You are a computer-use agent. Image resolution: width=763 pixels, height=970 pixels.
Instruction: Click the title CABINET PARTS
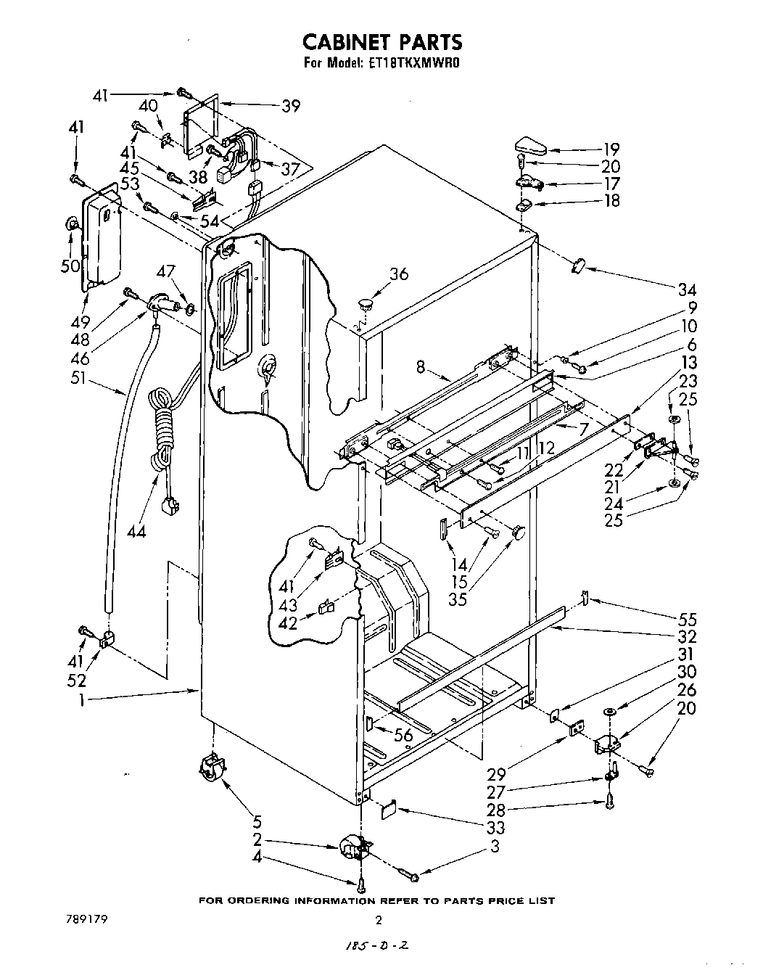(x=381, y=41)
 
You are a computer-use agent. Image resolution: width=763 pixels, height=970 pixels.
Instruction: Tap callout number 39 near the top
(x=291, y=106)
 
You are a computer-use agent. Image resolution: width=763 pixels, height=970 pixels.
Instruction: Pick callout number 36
(x=399, y=274)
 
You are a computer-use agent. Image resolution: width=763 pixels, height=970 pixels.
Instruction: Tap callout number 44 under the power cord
(x=136, y=532)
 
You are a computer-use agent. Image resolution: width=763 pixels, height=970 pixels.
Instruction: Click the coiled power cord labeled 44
(x=161, y=435)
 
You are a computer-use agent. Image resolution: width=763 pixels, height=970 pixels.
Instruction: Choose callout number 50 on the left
(x=70, y=266)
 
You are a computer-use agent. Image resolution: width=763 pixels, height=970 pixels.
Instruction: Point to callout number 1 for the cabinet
(x=83, y=700)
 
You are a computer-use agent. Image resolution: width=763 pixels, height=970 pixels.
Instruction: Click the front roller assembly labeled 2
(x=355, y=848)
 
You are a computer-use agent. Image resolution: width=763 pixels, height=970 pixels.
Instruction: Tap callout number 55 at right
(x=687, y=620)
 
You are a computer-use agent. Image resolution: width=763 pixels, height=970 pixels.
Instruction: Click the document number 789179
(x=90, y=918)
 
